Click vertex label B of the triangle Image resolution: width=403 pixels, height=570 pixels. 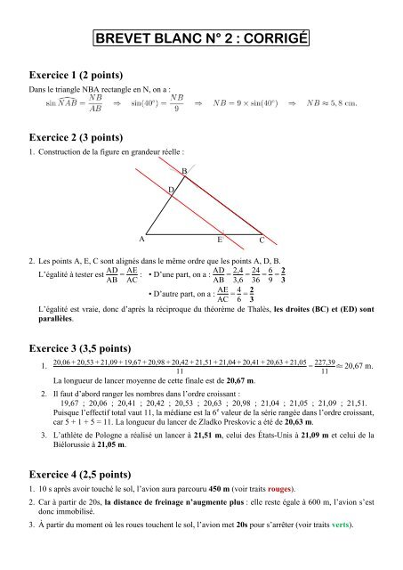point(184,171)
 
